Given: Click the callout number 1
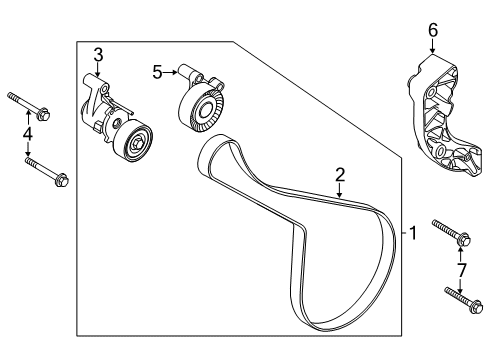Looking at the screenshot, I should click(x=412, y=233).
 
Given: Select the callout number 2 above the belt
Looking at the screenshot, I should click(x=340, y=175).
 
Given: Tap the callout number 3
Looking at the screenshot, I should click(x=98, y=54).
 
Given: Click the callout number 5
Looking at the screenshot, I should click(x=157, y=71).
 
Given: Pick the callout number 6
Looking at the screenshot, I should click(x=433, y=30).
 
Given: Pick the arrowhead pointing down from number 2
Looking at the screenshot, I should click(x=340, y=195).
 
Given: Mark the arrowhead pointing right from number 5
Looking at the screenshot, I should click(x=176, y=71).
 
